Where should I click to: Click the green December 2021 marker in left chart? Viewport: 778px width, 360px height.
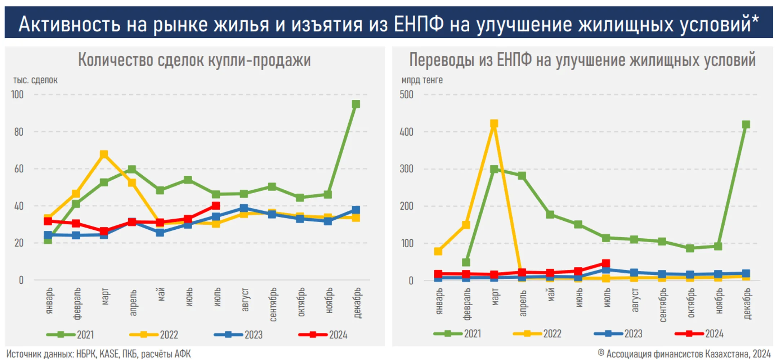tap(356, 104)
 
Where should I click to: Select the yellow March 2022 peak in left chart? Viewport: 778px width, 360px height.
tap(104, 154)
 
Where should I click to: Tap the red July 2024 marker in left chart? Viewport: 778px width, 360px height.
tap(216, 206)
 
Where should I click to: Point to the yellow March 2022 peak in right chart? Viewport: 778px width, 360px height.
tap(494, 124)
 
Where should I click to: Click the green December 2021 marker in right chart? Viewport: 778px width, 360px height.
tap(746, 125)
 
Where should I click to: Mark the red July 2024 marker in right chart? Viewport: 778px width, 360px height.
tap(606, 264)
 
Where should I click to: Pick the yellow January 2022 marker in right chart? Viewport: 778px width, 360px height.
tap(438, 251)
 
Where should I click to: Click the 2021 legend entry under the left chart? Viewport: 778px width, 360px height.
tap(70, 335)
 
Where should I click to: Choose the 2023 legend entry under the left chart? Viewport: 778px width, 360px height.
tap(238, 335)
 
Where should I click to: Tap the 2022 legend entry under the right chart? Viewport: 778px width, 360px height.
tap(537, 334)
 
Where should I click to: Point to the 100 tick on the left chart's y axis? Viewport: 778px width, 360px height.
tap(17, 95)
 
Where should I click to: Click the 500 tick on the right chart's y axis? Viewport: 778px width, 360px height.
tap(406, 95)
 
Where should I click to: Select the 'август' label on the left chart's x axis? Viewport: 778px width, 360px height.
tap(245, 299)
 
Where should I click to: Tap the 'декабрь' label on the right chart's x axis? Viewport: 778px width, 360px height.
tap(747, 303)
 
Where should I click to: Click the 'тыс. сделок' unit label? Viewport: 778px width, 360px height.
tap(35, 80)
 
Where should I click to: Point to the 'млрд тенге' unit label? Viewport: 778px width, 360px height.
tap(422, 80)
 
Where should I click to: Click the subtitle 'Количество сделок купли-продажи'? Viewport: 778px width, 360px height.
tap(194, 60)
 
